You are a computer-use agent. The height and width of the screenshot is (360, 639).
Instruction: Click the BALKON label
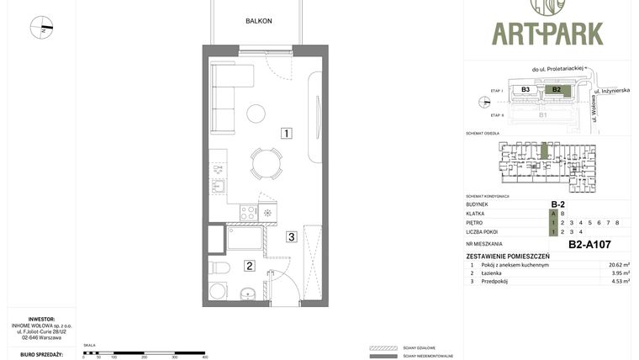point(258,21)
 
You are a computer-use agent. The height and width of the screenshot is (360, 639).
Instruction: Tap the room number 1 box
point(287,133)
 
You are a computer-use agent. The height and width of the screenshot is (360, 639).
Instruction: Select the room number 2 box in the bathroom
point(249,267)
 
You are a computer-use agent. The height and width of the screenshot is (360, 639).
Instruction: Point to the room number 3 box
point(291,236)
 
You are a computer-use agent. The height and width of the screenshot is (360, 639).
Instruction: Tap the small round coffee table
point(256,113)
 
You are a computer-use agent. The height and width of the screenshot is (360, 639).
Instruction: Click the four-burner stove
point(248,213)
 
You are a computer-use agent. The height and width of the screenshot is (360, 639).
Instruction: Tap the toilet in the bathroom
point(220,268)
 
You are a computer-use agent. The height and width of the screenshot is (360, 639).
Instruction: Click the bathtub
point(245,238)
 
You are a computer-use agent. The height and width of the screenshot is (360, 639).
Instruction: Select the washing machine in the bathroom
point(218,292)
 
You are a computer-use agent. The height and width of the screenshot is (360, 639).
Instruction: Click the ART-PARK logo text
point(547,33)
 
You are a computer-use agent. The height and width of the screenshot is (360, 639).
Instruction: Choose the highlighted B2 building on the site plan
point(556,88)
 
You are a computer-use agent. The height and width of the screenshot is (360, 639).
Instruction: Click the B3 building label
point(525,88)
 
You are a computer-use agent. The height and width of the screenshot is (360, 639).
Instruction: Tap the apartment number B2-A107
point(589,245)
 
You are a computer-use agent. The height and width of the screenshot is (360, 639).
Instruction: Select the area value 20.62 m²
point(620,264)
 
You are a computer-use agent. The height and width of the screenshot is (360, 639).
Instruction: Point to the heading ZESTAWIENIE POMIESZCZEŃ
point(508,256)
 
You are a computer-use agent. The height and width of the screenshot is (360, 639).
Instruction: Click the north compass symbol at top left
point(41,28)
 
